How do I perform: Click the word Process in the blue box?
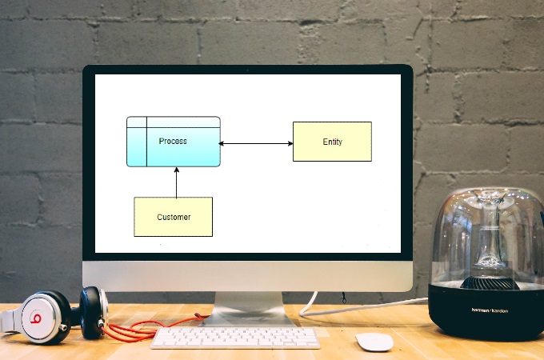[x=173, y=142]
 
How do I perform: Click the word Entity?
[x=332, y=142]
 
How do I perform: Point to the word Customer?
[x=174, y=218]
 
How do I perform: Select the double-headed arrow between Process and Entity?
[x=256, y=144]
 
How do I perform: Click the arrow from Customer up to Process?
[x=177, y=184]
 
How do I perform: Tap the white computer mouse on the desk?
[x=374, y=342]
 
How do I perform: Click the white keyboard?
[x=235, y=338]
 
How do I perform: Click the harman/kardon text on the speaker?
[x=490, y=310]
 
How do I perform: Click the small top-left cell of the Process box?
[x=137, y=122]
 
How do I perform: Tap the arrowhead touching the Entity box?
[x=290, y=144]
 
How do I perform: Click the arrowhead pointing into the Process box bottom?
[x=177, y=170]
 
